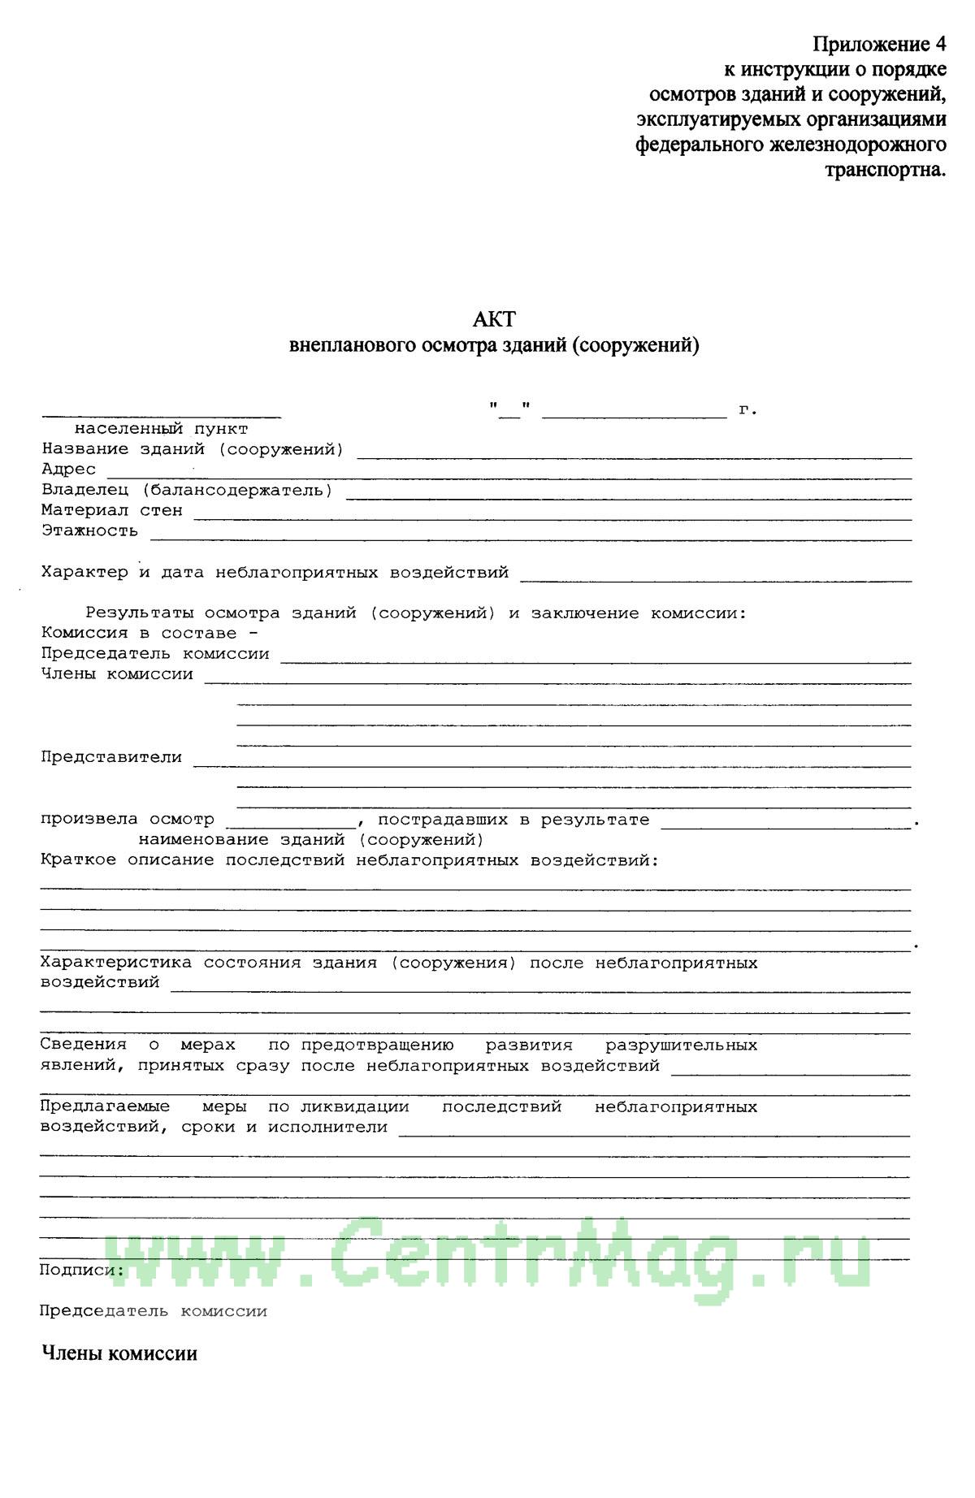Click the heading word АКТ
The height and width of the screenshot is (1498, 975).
(x=494, y=318)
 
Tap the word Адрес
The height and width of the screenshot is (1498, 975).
(x=69, y=470)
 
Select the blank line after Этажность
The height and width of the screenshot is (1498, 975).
(x=531, y=539)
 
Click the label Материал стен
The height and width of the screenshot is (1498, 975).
(x=112, y=511)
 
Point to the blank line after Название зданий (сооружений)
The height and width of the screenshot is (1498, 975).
(x=634, y=457)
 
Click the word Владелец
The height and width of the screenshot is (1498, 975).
(x=85, y=490)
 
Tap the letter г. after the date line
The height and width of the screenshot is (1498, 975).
(x=747, y=409)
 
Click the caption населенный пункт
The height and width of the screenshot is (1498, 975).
(x=162, y=429)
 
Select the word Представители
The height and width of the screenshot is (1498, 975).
(x=111, y=757)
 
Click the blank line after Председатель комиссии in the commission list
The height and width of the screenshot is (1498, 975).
(x=596, y=662)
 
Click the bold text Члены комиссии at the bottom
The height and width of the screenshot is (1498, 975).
(x=119, y=1354)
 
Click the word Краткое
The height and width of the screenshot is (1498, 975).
(x=80, y=860)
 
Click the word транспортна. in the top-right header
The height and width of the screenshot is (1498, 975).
(x=886, y=171)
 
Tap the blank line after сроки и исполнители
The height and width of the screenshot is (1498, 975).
(x=654, y=1134)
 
